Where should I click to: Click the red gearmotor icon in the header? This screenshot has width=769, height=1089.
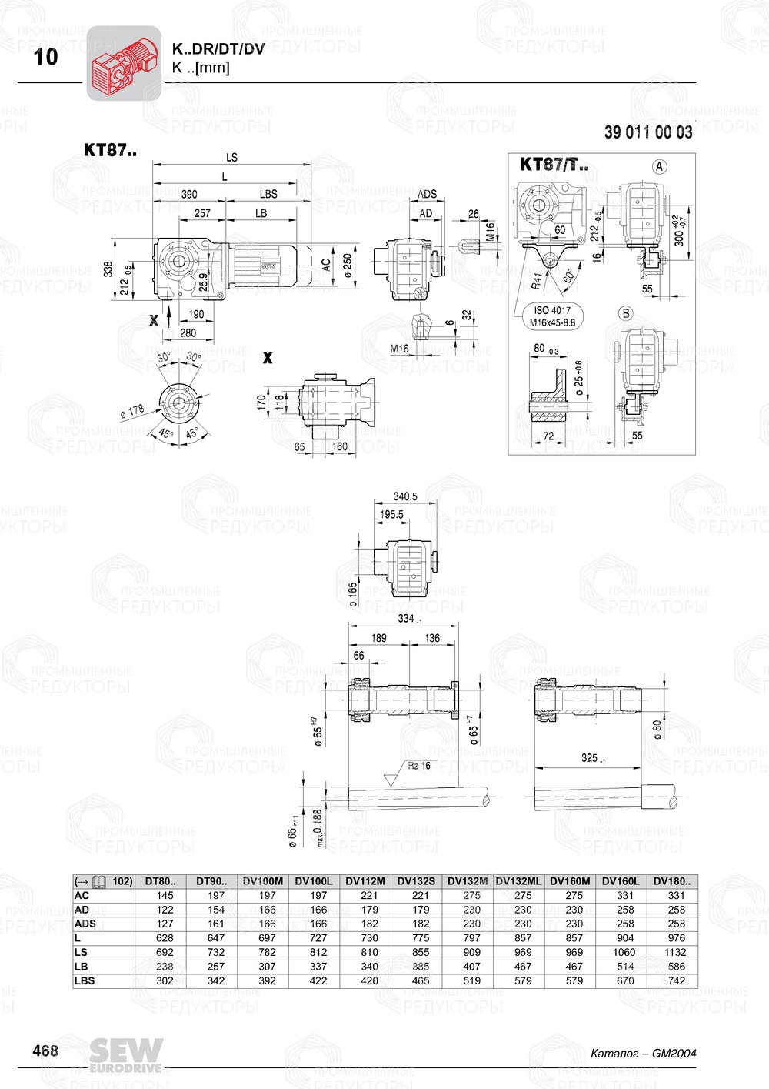click(124, 63)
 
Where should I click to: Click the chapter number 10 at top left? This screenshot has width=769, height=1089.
click(45, 57)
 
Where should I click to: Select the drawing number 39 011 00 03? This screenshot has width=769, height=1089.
click(647, 132)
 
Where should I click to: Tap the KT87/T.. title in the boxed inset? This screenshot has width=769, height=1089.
click(554, 165)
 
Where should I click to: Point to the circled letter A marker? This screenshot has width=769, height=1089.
click(659, 166)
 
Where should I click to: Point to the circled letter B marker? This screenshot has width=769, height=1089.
click(626, 313)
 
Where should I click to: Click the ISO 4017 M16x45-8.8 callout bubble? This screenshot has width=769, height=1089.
click(552, 316)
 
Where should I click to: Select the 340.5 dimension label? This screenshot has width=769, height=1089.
click(405, 496)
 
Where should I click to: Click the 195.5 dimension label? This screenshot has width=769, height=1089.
click(391, 515)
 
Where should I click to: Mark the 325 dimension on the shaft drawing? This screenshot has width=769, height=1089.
click(591, 758)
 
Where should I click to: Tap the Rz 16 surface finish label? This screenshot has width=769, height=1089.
click(419, 766)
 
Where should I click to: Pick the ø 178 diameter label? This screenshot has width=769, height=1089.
click(132, 412)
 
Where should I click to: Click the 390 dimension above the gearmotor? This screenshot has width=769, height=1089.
click(188, 195)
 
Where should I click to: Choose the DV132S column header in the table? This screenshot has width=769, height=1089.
click(416, 881)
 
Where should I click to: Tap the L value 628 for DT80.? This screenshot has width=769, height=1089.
click(165, 938)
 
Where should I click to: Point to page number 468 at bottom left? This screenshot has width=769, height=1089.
click(45, 1051)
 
